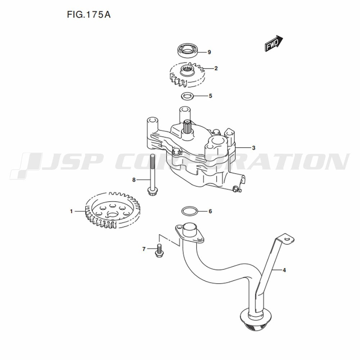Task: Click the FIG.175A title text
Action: [x=89, y=15]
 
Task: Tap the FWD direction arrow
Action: [x=274, y=43]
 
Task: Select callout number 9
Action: [x=209, y=52]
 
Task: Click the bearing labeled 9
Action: [x=188, y=50]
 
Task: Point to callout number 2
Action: [x=216, y=68]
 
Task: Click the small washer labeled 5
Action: [x=187, y=96]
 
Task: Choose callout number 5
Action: [x=211, y=96]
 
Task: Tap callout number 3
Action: [x=253, y=148]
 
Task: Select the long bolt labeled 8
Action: [x=152, y=175]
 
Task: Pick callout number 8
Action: [x=134, y=180]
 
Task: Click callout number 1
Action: [x=71, y=211]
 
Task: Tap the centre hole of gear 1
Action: [x=112, y=215]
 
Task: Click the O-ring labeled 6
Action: [x=189, y=211]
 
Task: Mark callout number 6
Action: [x=210, y=211]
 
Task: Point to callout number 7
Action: [x=144, y=249]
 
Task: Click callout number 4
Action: [x=284, y=270]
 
